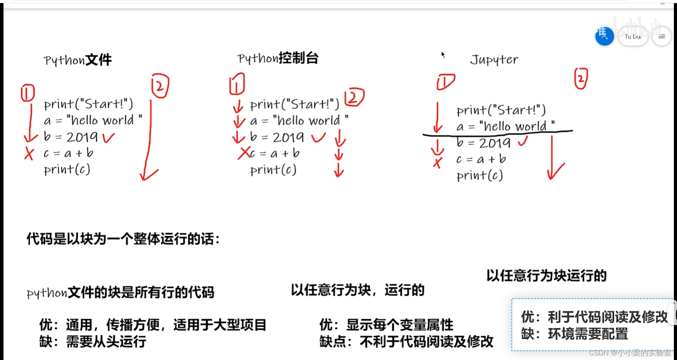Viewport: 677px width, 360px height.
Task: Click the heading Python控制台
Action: coord(278,58)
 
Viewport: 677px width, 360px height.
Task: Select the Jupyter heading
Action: coord(494,60)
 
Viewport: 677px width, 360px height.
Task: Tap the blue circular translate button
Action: coord(604,36)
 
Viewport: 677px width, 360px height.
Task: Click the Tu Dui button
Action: coord(633,37)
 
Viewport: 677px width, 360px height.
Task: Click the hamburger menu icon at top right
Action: coord(661,37)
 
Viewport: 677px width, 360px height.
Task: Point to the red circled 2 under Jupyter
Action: coord(581,79)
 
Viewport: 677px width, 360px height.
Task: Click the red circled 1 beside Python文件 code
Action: coord(28,93)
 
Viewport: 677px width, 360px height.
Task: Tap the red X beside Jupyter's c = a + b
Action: coord(438,162)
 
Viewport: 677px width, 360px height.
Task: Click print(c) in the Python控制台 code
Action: coord(273,170)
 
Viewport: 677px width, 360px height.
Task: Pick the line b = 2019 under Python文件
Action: coord(70,137)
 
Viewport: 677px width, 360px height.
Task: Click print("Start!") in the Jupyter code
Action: coord(501,110)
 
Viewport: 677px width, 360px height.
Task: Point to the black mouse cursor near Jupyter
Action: coord(443,55)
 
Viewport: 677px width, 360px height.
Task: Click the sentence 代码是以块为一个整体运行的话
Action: coord(123,239)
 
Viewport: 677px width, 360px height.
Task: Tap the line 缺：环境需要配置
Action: coord(574,334)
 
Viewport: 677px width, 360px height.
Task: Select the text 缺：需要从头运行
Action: coord(93,342)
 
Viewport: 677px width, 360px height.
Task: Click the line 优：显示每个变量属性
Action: coord(386,325)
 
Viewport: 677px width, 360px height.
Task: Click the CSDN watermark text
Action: coord(630,353)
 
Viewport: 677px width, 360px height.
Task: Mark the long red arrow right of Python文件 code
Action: coord(149,140)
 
